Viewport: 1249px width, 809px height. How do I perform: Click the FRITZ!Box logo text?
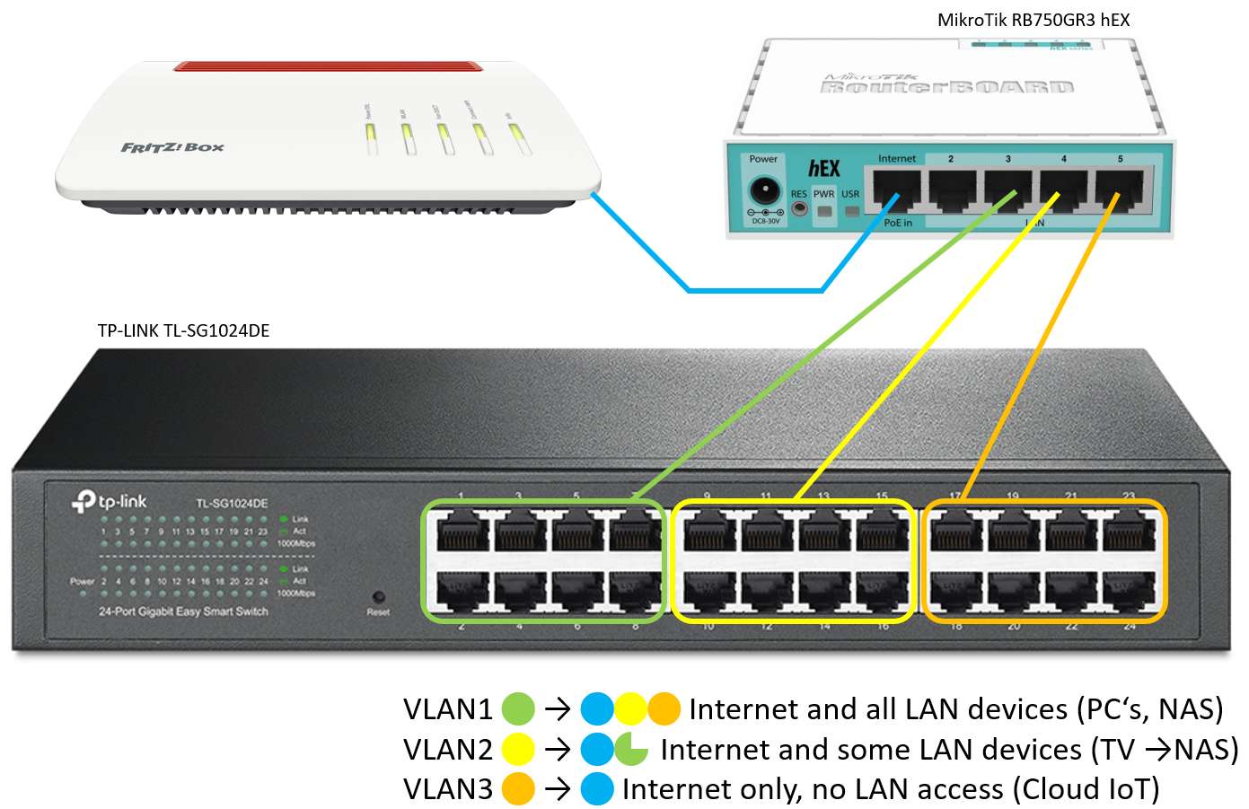[x=172, y=146]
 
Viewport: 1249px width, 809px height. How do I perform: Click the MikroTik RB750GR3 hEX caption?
[x=1033, y=20]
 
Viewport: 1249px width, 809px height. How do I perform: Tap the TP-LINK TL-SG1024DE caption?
[x=183, y=330]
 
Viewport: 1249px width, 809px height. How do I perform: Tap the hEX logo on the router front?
[x=823, y=168]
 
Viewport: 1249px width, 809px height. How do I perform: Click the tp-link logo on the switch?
[x=109, y=500]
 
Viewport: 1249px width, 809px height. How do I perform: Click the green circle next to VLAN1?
[x=518, y=709]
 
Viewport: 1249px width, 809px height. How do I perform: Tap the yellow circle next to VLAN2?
[x=518, y=749]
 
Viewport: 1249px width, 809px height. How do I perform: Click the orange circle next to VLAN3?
[x=518, y=788]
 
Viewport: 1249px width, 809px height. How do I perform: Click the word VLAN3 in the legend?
[x=447, y=788]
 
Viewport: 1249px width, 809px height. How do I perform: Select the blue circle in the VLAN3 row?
[x=597, y=788]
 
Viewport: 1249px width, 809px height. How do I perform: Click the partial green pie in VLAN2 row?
[x=632, y=749]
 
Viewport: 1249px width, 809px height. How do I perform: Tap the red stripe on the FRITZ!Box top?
[x=328, y=68]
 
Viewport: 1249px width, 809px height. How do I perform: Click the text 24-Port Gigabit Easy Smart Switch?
[x=183, y=611]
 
